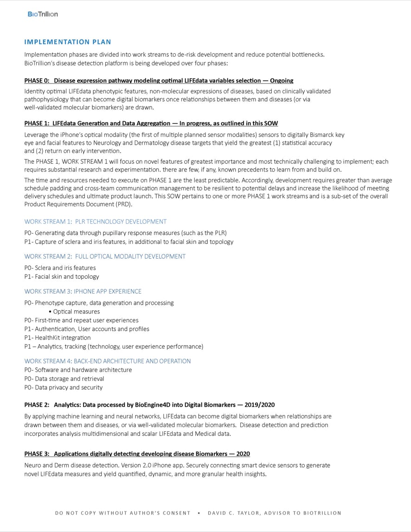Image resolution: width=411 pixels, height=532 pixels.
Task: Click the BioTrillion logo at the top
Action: (43, 14)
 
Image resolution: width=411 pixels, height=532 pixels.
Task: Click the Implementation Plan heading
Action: (68, 42)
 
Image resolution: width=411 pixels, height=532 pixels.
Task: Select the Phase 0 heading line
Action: (159, 80)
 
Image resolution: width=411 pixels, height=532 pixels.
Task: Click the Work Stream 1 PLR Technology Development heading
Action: (95, 222)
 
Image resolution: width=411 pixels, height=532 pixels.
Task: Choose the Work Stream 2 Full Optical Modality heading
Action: (105, 256)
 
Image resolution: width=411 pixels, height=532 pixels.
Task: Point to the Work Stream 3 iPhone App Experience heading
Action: (83, 291)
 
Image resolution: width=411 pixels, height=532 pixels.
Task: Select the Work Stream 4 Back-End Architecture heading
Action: (107, 361)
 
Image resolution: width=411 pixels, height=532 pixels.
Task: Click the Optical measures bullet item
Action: (76, 312)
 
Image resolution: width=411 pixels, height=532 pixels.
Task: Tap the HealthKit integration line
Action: (58, 338)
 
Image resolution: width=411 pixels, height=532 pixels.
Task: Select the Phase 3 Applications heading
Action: (137, 454)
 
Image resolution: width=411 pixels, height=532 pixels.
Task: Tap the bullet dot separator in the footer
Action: (199, 513)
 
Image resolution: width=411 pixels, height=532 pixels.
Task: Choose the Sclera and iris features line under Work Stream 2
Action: (60, 268)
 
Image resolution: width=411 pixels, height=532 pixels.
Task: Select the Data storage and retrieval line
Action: (64, 378)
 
